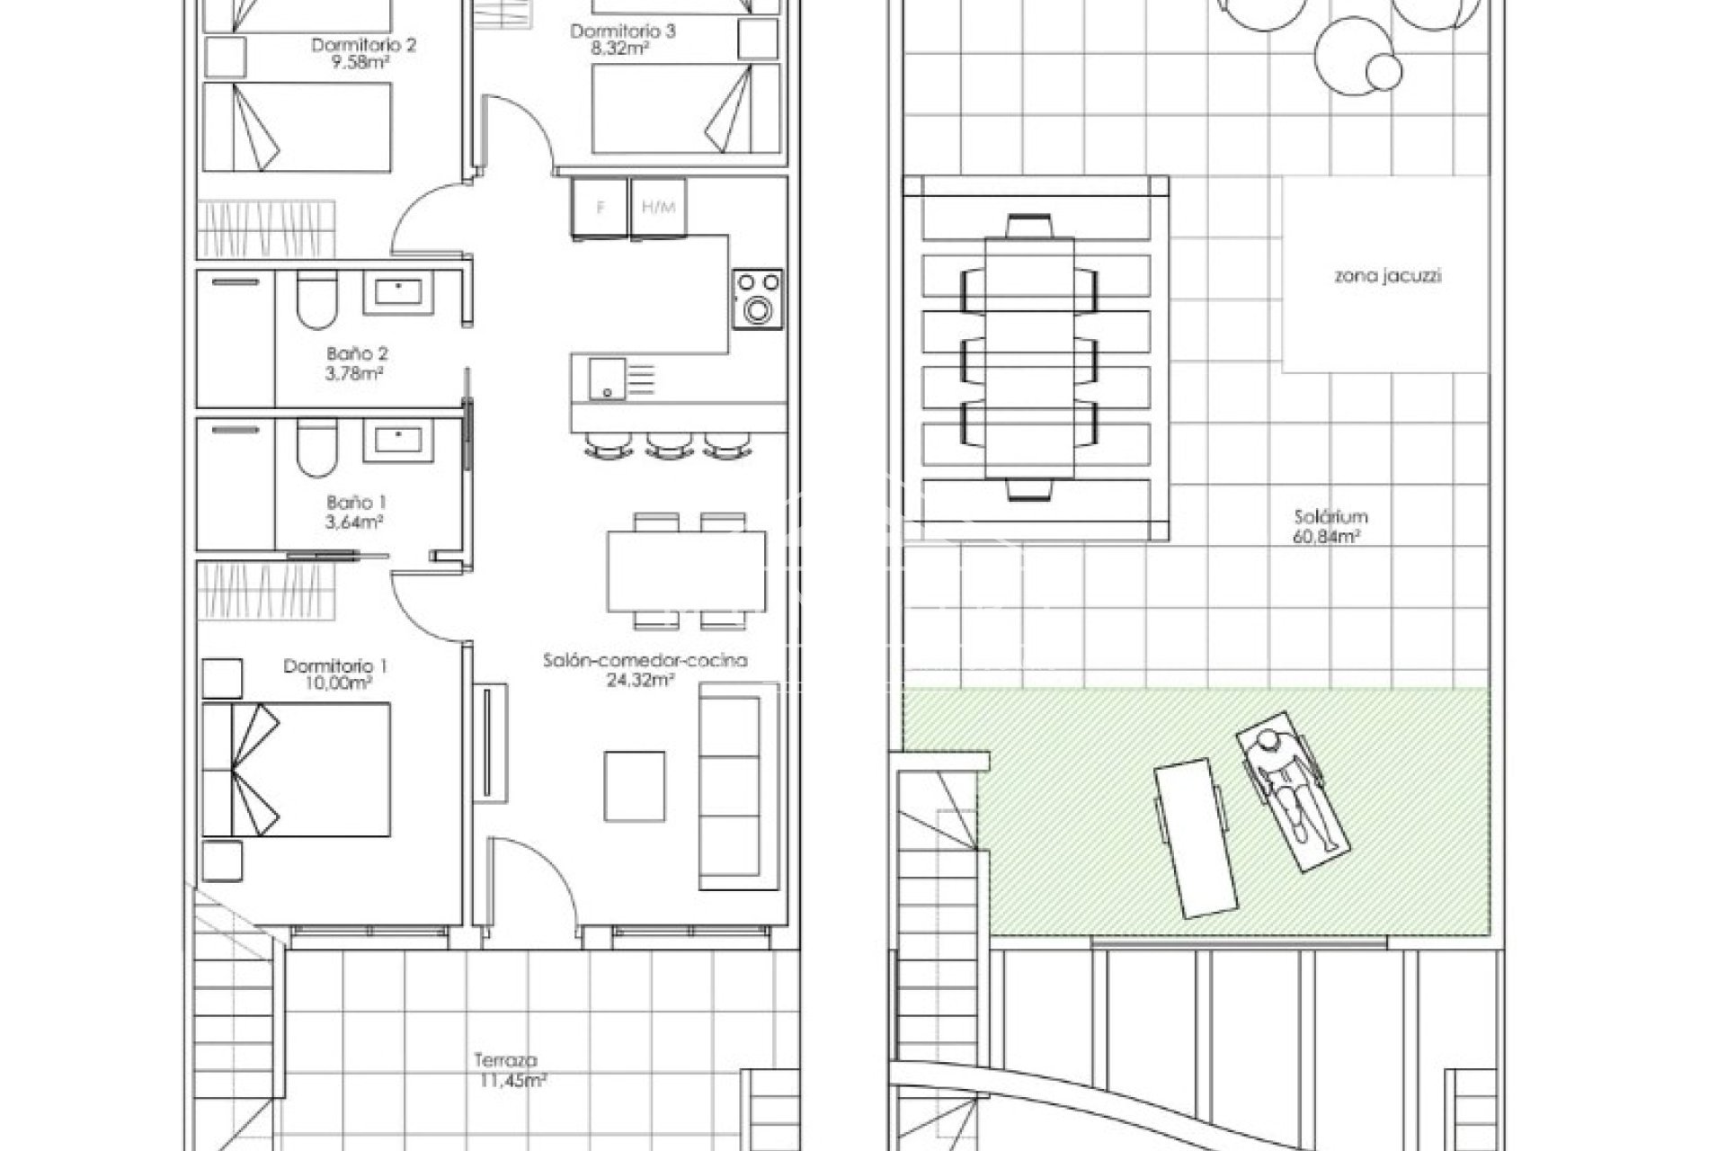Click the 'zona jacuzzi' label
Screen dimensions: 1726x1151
[x=1387, y=276]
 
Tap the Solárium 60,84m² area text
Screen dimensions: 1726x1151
[x=1330, y=527]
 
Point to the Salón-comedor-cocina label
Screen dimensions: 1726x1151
[x=645, y=661]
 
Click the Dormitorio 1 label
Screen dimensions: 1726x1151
[x=335, y=666]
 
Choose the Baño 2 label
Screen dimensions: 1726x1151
[x=357, y=354]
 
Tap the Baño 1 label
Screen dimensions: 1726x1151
[x=357, y=503]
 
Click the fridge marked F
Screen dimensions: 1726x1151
[x=600, y=209]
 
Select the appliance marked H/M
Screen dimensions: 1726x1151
[x=659, y=209]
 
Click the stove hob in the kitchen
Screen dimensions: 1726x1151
[x=757, y=299]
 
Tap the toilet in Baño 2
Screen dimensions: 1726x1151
[x=316, y=300]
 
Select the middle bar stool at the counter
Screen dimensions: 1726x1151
[x=667, y=444]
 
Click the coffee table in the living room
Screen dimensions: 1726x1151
[x=635, y=786]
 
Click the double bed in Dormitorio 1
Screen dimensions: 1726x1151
[x=297, y=770]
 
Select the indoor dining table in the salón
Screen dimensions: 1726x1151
[x=687, y=571]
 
